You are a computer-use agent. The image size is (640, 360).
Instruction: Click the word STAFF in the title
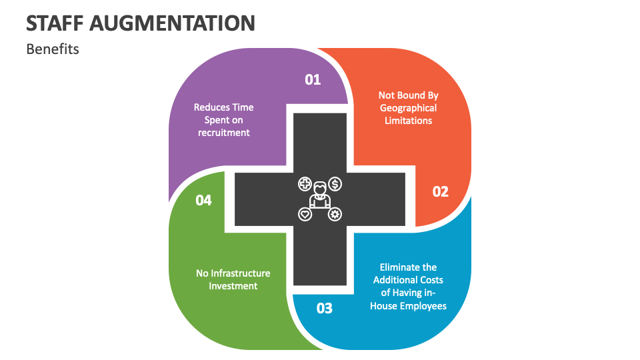point(55,23)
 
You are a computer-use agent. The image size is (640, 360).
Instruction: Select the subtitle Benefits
point(53,49)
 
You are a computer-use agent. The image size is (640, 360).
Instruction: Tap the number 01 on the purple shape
point(313,79)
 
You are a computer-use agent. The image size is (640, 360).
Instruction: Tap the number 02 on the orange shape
point(441,192)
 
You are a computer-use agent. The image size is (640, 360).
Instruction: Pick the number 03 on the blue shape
point(324,309)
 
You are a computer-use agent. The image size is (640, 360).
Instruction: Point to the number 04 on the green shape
point(203,200)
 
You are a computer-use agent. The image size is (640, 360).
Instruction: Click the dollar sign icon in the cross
point(335,183)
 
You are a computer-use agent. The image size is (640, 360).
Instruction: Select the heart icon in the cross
point(305,214)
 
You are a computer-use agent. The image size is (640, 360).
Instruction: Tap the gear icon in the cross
point(335,214)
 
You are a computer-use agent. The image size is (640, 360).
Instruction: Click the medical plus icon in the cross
point(305,183)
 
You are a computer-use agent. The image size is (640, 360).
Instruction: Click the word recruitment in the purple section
point(223,133)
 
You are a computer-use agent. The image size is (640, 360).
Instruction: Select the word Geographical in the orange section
point(408,108)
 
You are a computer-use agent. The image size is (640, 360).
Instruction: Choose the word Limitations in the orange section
point(408,121)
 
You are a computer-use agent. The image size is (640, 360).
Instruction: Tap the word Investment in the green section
point(233,286)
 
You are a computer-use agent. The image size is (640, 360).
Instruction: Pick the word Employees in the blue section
point(423,305)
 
